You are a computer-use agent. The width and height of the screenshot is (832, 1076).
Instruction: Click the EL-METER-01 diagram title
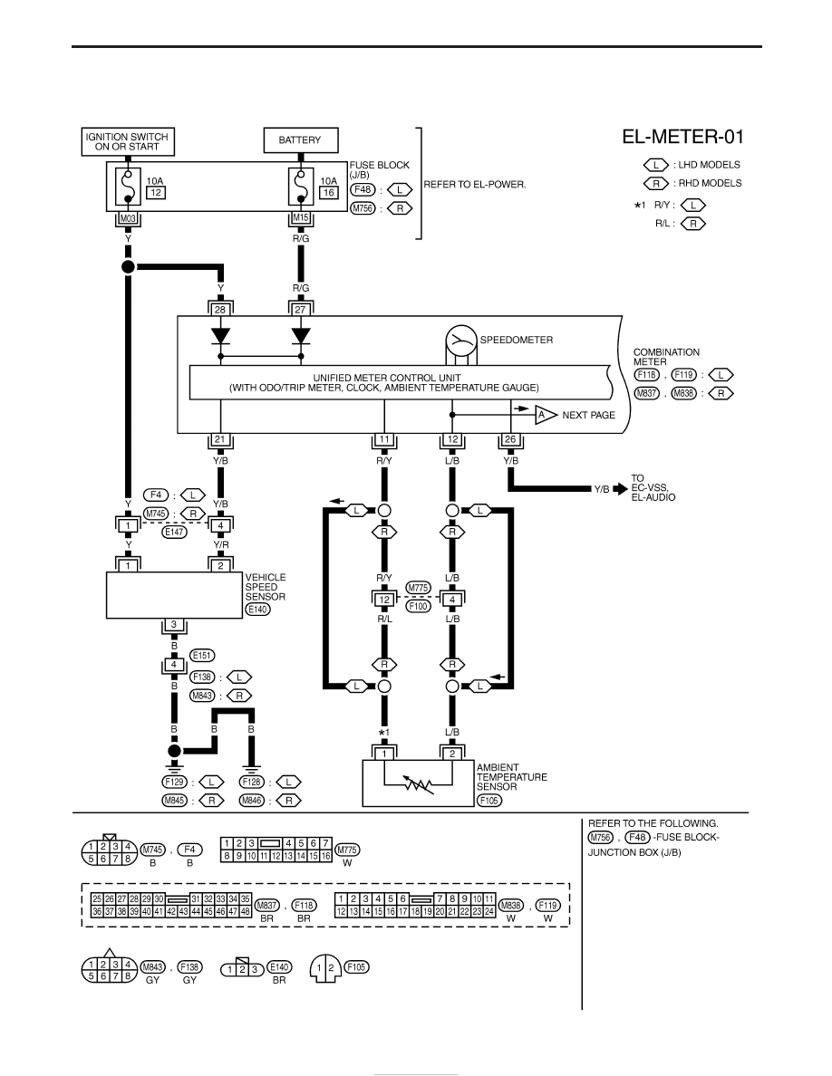pos(682,137)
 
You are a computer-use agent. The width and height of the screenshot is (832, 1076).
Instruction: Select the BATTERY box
pos(301,140)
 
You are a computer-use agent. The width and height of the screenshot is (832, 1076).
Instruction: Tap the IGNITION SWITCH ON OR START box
pos(127,141)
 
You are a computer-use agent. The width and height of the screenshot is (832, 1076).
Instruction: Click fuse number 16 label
pos(329,193)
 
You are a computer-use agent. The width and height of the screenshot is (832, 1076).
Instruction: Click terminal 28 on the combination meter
pos(219,310)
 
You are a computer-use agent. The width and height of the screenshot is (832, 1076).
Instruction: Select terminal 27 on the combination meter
pos(300,310)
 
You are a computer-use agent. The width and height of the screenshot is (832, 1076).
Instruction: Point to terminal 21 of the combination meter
pos(219,440)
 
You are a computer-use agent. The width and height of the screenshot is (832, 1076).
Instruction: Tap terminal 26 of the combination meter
pos(510,440)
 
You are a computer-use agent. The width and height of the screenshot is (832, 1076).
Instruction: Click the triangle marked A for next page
pos(545,415)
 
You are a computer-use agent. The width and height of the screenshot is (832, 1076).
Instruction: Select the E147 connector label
pos(174,532)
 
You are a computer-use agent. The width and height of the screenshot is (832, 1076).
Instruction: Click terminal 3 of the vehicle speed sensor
pos(174,625)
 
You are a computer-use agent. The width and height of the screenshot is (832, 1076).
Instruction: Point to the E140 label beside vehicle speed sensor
pos(257,610)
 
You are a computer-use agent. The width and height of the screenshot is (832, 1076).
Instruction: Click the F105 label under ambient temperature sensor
pos(489,800)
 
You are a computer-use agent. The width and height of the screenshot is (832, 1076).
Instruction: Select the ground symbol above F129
pos(174,764)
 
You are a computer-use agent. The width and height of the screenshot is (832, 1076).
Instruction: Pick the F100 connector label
pos(418,606)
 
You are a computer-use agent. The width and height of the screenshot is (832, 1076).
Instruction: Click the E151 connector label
pos(202,656)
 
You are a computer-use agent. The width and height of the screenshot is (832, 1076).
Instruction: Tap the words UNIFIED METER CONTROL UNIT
pos(387,378)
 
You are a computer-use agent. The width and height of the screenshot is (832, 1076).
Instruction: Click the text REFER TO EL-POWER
pos(475,185)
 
